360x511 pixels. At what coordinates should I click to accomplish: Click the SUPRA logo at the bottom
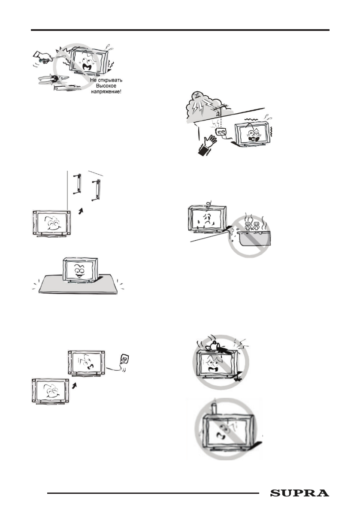(300, 494)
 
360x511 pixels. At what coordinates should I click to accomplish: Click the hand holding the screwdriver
(40, 55)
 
